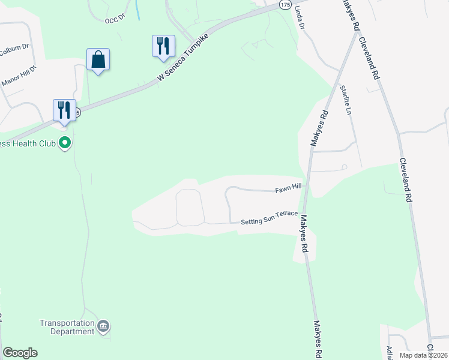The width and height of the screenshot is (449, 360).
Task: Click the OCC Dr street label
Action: point(113,19)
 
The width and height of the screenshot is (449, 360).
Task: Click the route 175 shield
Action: point(285,4)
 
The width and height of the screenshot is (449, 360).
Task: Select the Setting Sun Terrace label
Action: point(270,221)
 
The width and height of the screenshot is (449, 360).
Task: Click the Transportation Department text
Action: point(67,327)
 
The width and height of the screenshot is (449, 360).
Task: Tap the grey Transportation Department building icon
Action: point(104,326)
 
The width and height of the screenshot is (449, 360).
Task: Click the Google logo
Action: point(20,353)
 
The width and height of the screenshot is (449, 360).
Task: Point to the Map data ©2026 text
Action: point(423,355)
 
